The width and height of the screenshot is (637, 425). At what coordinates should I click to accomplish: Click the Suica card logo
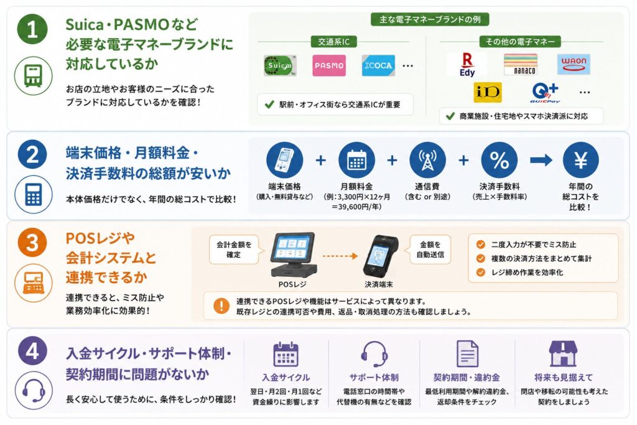pos(280,66)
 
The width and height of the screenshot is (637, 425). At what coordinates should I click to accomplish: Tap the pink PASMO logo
pos(329,65)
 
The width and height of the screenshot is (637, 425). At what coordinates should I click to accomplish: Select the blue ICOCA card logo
pos(378,65)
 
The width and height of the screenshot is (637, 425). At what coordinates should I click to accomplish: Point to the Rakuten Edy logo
pos(467,65)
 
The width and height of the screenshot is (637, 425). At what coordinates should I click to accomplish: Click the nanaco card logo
pos(521,64)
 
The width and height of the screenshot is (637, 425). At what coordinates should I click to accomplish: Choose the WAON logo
pos(574,64)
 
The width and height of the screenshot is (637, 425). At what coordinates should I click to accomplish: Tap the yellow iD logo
pos(488,92)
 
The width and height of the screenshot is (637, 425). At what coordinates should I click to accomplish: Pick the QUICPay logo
pos(545,93)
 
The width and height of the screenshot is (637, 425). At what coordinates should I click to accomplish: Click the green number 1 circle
pos(32,29)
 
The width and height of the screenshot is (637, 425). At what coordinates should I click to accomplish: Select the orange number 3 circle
pos(32,243)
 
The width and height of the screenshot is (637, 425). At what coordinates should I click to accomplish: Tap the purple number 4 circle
pos(32,351)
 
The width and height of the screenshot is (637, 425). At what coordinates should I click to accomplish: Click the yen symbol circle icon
pos(580,160)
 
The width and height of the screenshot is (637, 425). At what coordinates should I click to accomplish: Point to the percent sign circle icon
pos(500,160)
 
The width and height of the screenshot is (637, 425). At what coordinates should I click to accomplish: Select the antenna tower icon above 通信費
pos(427,160)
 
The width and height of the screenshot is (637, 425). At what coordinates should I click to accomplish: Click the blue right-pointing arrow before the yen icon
pos(541,160)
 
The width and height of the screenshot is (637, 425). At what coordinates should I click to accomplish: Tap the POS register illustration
pos(294,255)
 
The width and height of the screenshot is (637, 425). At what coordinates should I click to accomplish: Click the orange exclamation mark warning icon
pos(221,306)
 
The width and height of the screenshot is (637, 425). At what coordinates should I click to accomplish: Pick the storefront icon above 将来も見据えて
pos(563,353)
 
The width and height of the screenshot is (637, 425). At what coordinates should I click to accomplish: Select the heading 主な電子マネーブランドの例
pos(430,19)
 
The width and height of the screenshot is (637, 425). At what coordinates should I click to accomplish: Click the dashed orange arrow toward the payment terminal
pos(340,256)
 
